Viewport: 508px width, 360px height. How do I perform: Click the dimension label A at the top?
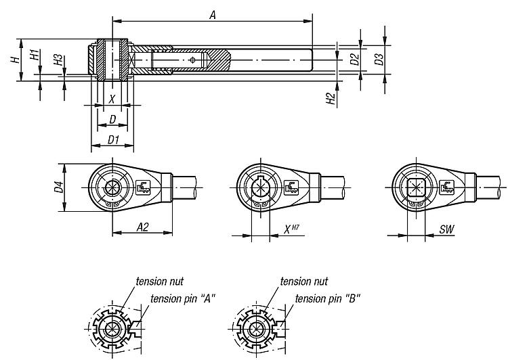(212, 14)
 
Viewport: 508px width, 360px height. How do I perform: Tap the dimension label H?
(14, 60)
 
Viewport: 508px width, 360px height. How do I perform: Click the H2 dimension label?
(331, 99)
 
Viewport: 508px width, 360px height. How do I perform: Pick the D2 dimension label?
(354, 60)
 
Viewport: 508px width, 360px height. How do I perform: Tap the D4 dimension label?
(59, 187)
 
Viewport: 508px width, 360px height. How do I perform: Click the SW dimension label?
(446, 230)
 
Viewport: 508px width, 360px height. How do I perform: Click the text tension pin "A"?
(182, 298)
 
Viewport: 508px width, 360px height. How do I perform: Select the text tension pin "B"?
(327, 298)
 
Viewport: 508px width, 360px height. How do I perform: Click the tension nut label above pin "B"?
(304, 281)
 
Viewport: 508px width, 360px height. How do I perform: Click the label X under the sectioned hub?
(112, 99)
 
